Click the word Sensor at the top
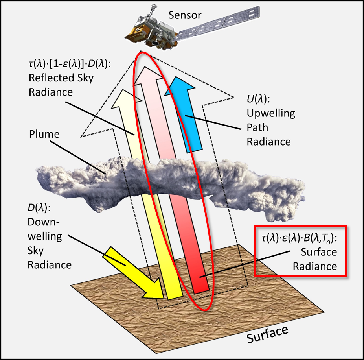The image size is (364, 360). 185,15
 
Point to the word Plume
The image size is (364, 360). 44,134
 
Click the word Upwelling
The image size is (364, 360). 271,113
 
